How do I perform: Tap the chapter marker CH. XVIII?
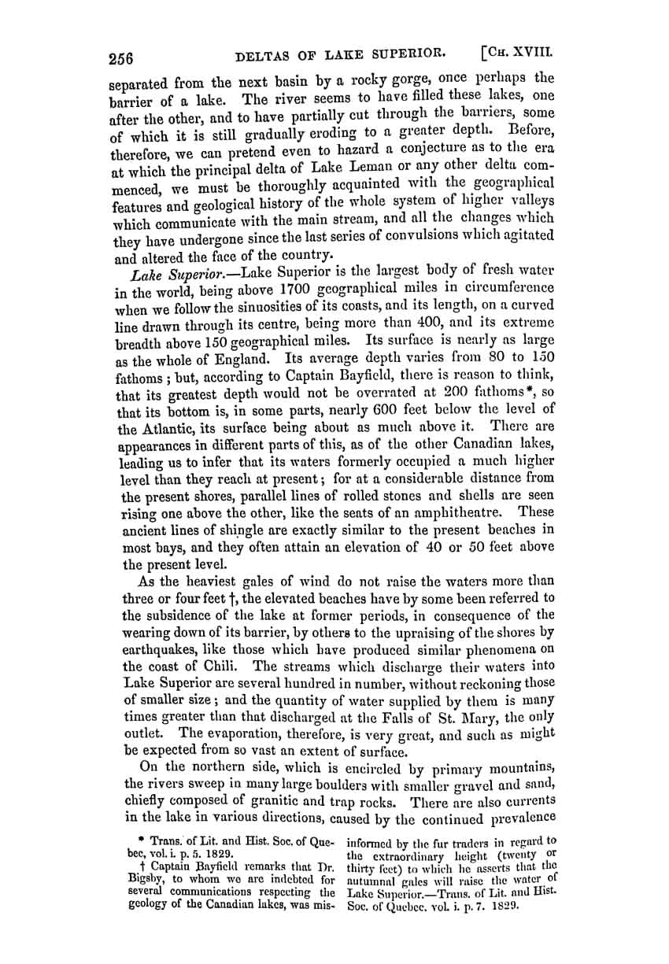click(515, 54)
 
